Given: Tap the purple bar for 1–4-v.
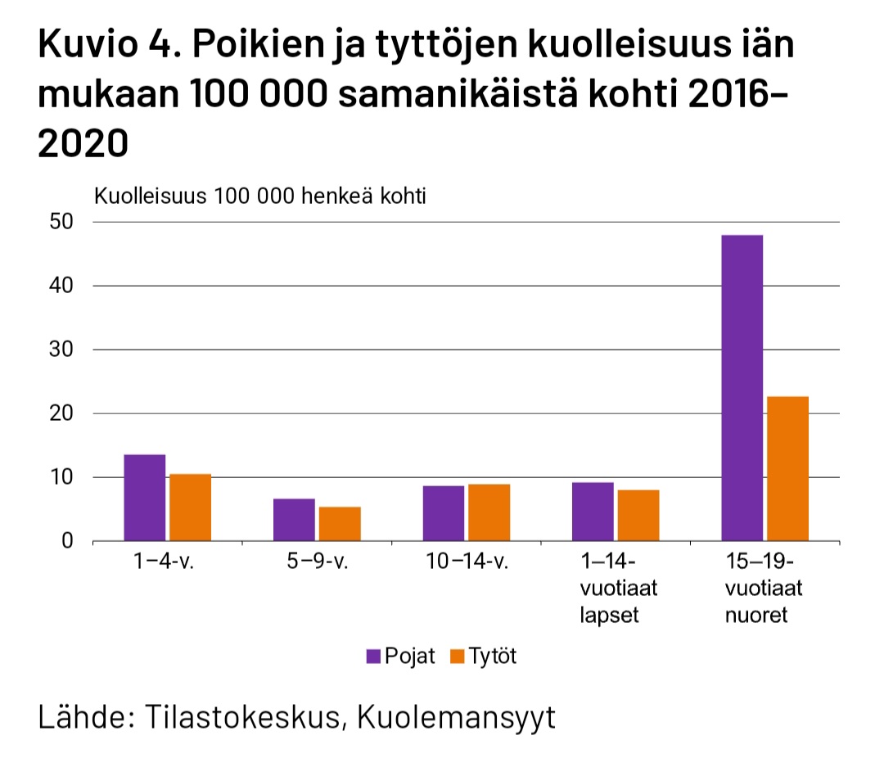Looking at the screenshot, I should [144, 498].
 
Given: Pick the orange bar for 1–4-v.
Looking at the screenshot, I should [190, 508].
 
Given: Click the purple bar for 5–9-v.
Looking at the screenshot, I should [294, 520].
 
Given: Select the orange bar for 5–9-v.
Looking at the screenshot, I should [340, 524].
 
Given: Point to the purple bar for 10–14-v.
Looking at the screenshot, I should [444, 513].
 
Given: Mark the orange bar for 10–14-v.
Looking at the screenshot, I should [489, 512].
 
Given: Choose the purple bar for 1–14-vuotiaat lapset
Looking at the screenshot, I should [593, 512].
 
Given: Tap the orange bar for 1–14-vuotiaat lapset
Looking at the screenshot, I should [638, 516].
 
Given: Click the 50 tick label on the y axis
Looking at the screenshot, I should [62, 222].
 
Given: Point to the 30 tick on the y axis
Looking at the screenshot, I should [62, 350].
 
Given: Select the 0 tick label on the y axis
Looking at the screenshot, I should [68, 541].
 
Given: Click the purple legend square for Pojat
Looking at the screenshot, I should [374, 656].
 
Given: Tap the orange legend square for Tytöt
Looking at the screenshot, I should [458, 656].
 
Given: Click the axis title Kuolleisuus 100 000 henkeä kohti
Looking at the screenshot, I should [261, 196].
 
